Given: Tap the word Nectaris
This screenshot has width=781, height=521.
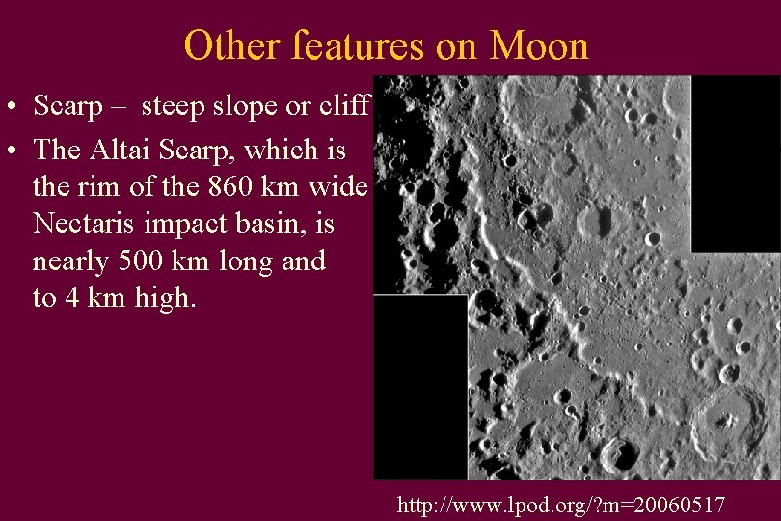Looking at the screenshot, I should click(86, 224).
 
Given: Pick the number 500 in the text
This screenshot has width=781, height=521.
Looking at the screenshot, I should click(186, 261).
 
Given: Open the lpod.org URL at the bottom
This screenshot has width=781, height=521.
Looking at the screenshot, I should click(562, 504).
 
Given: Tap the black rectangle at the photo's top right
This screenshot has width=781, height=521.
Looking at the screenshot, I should click(735, 162).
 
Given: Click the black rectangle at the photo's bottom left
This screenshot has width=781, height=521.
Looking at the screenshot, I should click(420, 386).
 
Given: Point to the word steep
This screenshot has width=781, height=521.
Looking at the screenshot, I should click(175, 105).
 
